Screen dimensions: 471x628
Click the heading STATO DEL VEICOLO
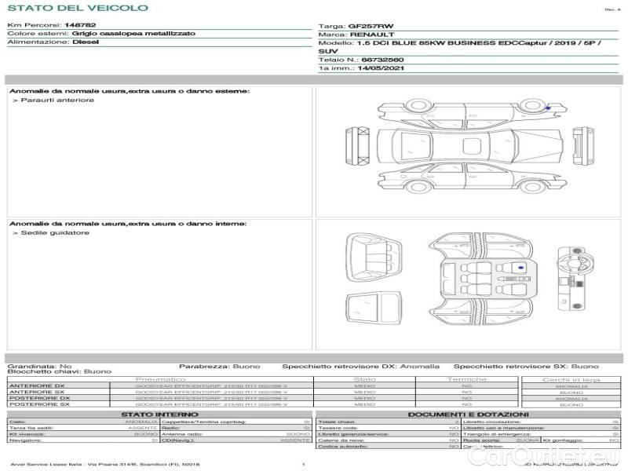pyautogui.click(x=78, y=8)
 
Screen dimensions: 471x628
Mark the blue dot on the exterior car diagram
pyautogui.click(x=547, y=106)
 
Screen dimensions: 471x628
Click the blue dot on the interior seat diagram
pyautogui.click(x=520, y=268)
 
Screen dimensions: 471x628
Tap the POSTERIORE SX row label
pyautogui.click(x=38, y=404)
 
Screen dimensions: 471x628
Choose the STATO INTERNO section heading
pyautogui.click(x=159, y=414)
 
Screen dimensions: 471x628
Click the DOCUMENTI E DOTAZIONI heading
pyautogui.click(x=468, y=414)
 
